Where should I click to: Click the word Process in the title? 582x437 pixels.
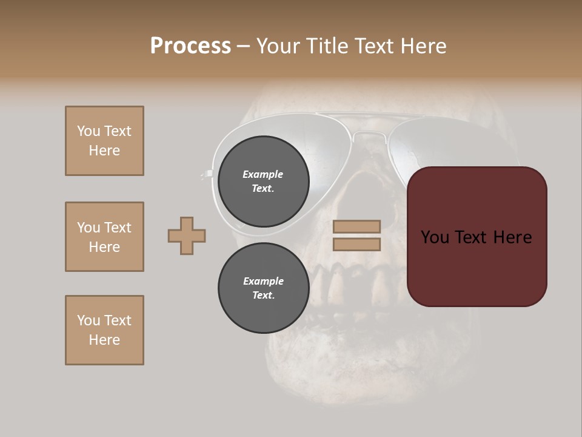click(x=190, y=46)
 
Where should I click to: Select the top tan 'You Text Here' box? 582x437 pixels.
click(x=104, y=141)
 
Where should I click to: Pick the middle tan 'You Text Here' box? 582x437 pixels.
click(x=104, y=237)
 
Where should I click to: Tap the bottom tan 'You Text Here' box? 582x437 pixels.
click(x=104, y=330)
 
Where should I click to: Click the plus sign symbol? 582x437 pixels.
click(x=187, y=235)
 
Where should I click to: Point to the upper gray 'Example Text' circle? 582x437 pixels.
click(x=263, y=181)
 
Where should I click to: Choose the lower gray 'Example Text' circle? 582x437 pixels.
click(x=263, y=288)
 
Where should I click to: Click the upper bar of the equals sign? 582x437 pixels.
click(x=356, y=226)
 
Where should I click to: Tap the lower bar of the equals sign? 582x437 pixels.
click(x=356, y=244)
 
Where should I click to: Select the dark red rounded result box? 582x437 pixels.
click(x=477, y=237)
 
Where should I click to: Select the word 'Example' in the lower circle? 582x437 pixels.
click(x=263, y=281)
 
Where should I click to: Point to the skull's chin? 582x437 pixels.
click(x=364, y=388)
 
